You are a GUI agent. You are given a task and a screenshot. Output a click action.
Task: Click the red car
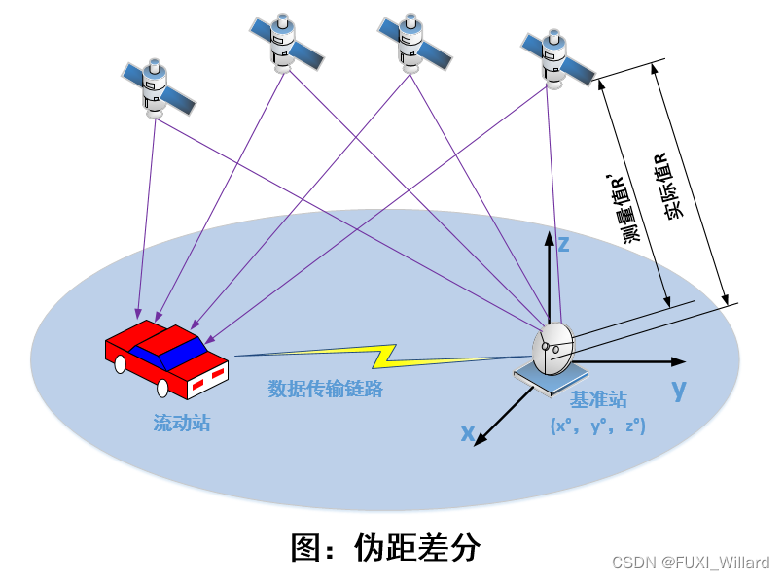167,358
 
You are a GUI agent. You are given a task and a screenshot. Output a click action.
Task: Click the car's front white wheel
162,389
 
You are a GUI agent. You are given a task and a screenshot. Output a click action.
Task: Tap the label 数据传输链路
325,389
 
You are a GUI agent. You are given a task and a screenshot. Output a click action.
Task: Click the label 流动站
181,423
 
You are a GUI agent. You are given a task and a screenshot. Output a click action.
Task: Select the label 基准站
597,399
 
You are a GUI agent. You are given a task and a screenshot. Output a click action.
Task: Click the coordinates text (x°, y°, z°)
597,426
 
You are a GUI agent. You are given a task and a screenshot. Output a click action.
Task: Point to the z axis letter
562,243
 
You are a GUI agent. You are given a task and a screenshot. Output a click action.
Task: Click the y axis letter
678,390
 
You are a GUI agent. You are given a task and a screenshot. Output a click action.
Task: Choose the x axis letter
468,433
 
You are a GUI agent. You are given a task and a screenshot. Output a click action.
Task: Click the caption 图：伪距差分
386,546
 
